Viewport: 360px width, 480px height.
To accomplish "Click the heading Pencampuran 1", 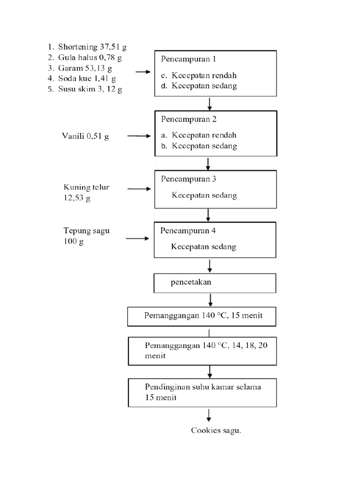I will pos(189,59).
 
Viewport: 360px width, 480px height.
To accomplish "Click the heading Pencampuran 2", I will pos(189,119).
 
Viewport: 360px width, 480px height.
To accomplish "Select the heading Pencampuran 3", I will pos(189,179).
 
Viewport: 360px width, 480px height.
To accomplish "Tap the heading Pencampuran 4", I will pos(188,231).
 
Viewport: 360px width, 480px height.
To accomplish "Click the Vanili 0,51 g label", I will pos(86,136).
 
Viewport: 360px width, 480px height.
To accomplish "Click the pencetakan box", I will pos(216,283).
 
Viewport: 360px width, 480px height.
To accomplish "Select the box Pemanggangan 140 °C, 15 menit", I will pos(202,316).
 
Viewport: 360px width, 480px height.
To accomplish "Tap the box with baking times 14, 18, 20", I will pos(202,351).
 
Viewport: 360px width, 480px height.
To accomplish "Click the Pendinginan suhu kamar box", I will pos(202,392).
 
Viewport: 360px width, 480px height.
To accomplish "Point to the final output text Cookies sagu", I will pos(216,430).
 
